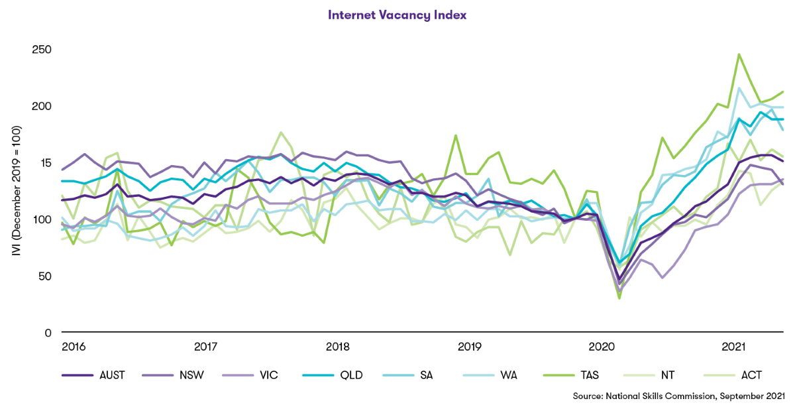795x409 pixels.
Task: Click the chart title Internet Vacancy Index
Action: point(397,14)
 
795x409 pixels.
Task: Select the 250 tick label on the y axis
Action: point(42,50)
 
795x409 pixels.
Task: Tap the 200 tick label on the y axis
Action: point(42,107)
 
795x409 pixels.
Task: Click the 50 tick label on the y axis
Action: point(45,276)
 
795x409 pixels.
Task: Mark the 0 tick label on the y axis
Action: point(48,332)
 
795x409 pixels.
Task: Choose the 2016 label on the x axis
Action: point(74,347)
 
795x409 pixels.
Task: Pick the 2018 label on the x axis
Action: point(338,347)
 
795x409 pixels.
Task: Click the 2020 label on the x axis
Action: point(602,347)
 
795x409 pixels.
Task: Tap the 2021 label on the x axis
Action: point(734,347)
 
